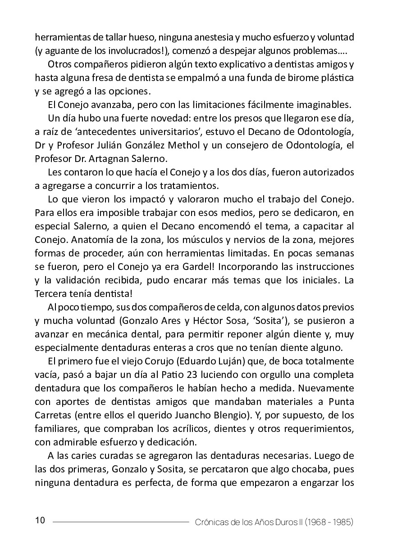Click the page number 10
40,521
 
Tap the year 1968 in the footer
318,522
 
